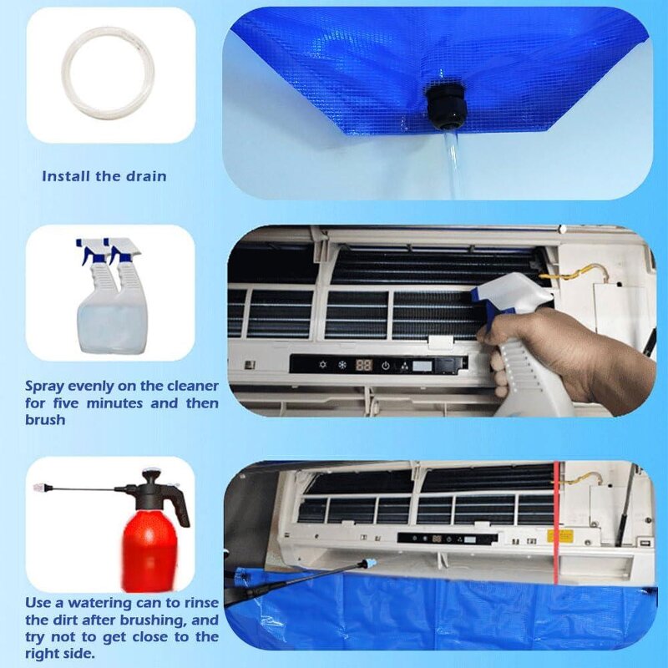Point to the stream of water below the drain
click(x=451, y=163)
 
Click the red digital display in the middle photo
click(x=363, y=366)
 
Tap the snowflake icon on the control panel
click(x=341, y=366)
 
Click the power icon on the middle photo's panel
click(x=386, y=366)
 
